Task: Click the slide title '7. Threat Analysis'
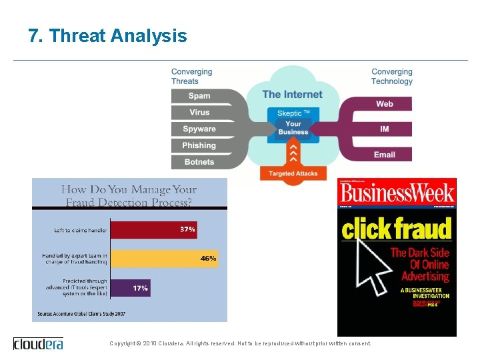pyautogui.click(x=107, y=35)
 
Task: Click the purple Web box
pyautogui.click(x=385, y=103)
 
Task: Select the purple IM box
pyautogui.click(x=385, y=129)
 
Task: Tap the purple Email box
pyautogui.click(x=385, y=155)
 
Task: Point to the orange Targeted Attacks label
pyautogui.click(x=293, y=174)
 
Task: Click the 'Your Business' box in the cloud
pyautogui.click(x=293, y=127)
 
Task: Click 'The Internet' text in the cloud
pyautogui.click(x=292, y=95)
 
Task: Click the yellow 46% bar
pyautogui.click(x=164, y=259)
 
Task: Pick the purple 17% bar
pyautogui.click(x=131, y=288)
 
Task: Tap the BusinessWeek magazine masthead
pyautogui.click(x=397, y=194)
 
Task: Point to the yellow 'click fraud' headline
pyautogui.click(x=397, y=229)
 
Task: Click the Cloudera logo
pyautogui.click(x=38, y=343)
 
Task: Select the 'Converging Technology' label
pyautogui.click(x=391, y=77)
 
